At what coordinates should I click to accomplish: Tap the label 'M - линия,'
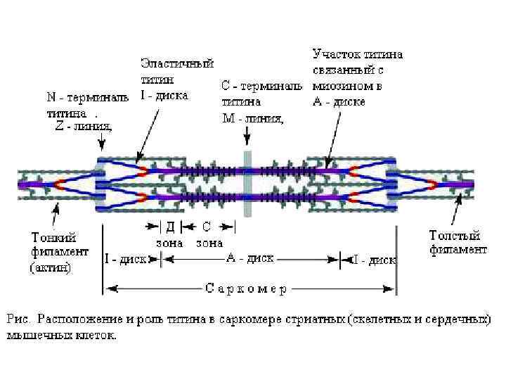[253, 118]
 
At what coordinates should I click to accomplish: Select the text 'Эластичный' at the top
[177, 63]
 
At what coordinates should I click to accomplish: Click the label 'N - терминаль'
[83, 97]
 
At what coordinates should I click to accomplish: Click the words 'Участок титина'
[357, 53]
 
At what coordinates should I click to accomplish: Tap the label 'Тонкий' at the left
[53, 237]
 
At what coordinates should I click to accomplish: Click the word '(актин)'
[50, 268]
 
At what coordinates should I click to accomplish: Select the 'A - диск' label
[249, 258]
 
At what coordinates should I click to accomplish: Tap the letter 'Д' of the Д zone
[170, 227]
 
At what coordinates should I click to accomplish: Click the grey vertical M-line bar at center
[247, 183]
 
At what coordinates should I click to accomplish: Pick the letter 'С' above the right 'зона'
[207, 227]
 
